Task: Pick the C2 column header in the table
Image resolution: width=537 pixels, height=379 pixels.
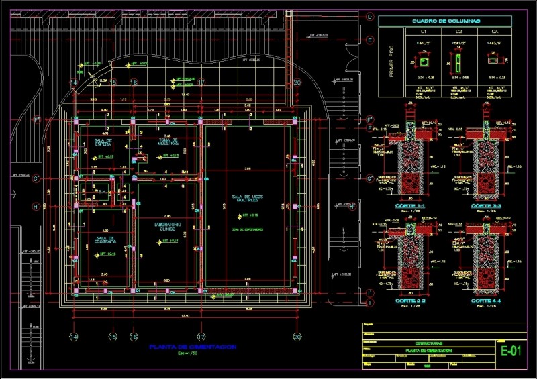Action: [x=459, y=32]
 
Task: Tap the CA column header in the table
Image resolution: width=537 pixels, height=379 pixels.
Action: [x=495, y=32]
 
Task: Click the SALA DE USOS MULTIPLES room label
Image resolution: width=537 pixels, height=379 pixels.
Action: [x=248, y=199]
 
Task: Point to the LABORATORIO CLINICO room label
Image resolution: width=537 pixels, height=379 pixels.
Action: [x=168, y=226]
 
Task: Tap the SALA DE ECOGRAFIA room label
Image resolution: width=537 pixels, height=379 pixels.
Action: [x=106, y=240]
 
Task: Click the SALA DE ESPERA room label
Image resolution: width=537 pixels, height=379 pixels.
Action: [x=101, y=142]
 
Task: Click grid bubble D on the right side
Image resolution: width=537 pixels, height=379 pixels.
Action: [x=369, y=17]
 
